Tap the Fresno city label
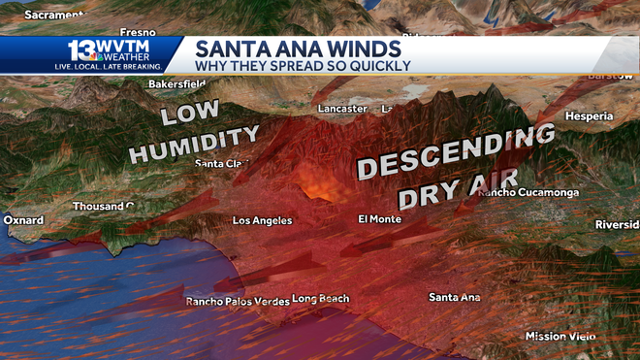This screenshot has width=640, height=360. [x=138, y=32]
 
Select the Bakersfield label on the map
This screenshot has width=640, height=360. [x=178, y=84]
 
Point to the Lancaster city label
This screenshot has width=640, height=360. [x=342, y=109]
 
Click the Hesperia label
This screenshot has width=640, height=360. [x=589, y=116]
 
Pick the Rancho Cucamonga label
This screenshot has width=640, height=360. [x=528, y=192]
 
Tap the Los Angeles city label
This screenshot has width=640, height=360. [x=262, y=221]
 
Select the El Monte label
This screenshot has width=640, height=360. [x=379, y=219]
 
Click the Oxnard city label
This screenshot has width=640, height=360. [x=22, y=220]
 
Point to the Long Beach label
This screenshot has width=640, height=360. [x=320, y=298]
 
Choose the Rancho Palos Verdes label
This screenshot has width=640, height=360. [x=238, y=302]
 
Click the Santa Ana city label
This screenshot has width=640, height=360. [x=455, y=297]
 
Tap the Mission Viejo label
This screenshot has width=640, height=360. [x=559, y=337]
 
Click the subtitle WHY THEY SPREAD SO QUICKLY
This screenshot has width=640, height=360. [x=304, y=66]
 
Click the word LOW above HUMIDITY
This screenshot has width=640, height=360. [x=190, y=114]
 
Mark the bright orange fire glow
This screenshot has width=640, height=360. [x=321, y=179]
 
